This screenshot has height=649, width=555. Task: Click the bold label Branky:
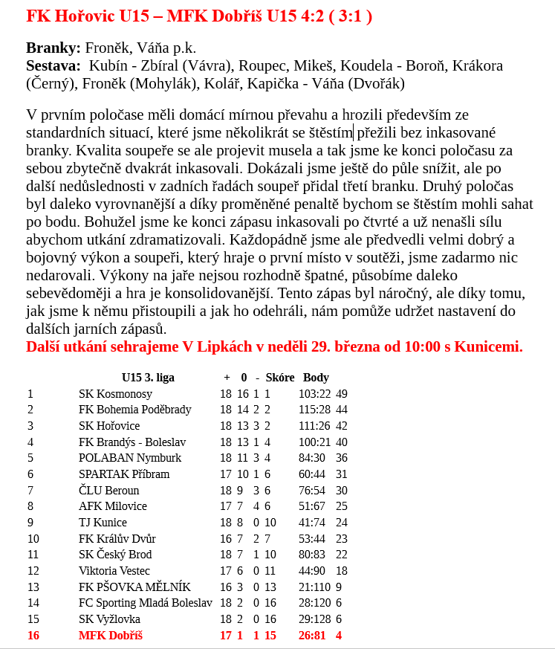tap(53, 48)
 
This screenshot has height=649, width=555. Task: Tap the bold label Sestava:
tap(53, 66)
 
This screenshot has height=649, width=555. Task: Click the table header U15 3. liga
tap(148, 378)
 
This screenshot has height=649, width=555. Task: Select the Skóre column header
tap(280, 378)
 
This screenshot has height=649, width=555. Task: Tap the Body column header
tap(316, 378)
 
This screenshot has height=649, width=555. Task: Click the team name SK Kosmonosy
tap(115, 394)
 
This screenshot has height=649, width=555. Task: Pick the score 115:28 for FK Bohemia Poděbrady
tap(314, 410)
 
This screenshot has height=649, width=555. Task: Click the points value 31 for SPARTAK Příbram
tap(342, 474)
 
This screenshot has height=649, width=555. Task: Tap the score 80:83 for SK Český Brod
tap(312, 555)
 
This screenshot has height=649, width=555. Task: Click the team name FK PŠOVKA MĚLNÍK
tap(134, 587)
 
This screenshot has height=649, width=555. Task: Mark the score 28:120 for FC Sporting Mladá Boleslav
tap(314, 603)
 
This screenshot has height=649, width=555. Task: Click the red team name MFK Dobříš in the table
tap(110, 636)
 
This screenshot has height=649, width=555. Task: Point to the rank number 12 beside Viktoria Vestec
tap(33, 571)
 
